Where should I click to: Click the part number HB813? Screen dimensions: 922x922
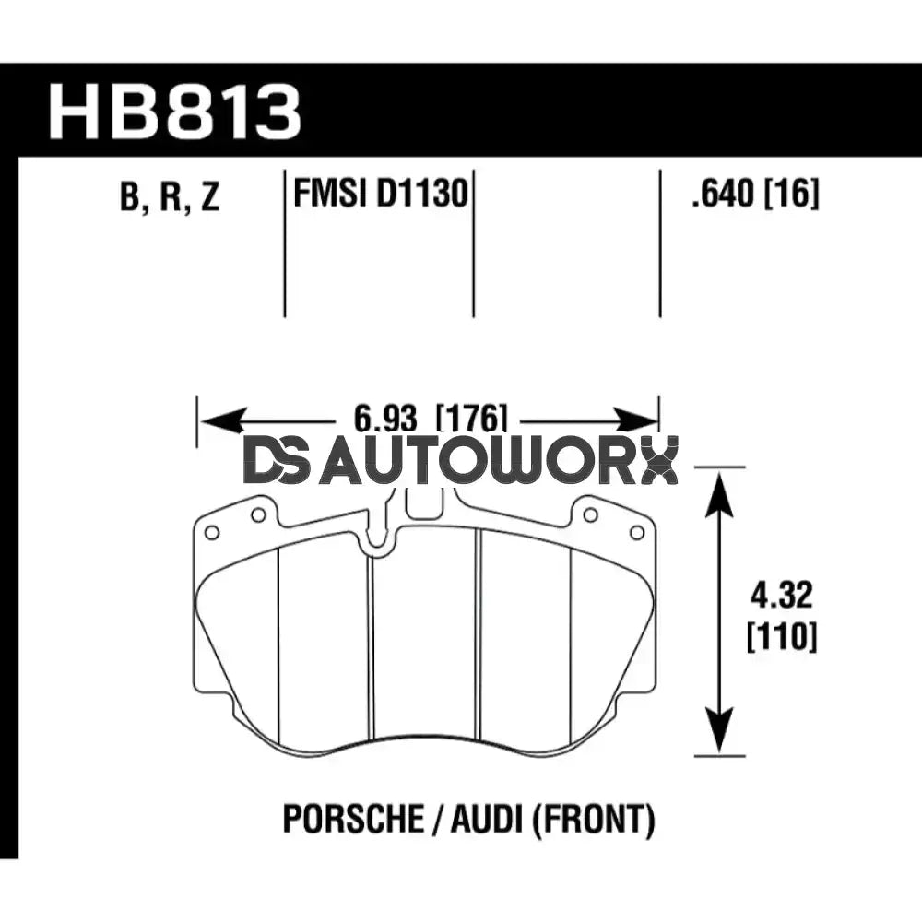175,112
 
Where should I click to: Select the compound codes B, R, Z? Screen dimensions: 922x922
170,196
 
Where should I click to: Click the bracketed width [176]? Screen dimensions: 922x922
471,420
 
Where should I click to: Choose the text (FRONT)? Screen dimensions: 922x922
590,819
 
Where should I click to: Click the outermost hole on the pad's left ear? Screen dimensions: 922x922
211,532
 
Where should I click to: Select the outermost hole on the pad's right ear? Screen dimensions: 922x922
636,532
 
